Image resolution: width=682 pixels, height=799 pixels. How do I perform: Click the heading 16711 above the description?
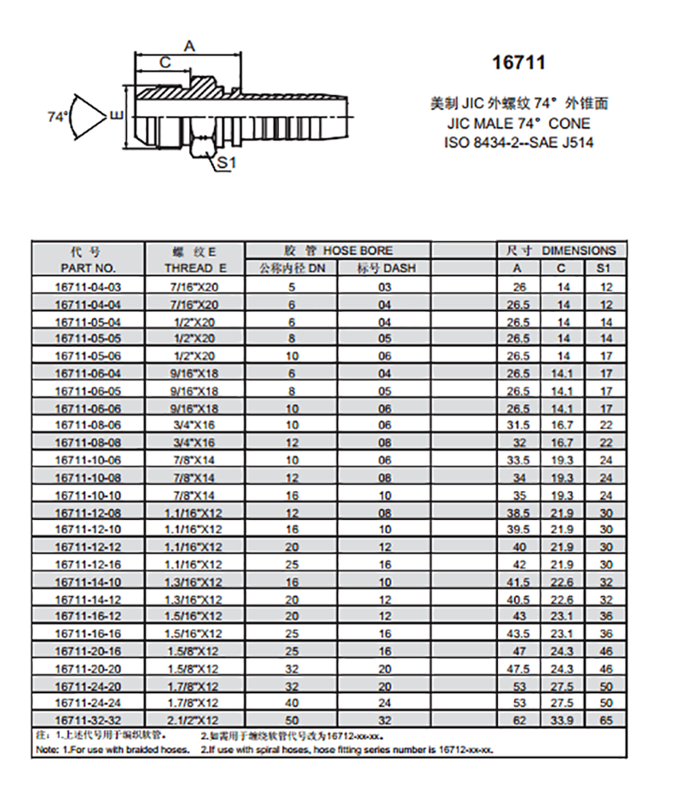tap(518, 63)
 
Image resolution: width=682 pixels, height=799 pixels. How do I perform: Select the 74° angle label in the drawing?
tap(58, 116)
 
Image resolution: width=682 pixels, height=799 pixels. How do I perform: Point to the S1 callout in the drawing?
tap(226, 161)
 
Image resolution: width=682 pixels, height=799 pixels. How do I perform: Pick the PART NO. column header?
tap(88, 268)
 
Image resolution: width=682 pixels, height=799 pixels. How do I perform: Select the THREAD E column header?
tap(194, 268)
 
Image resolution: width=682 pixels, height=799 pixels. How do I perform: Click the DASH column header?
tap(384, 268)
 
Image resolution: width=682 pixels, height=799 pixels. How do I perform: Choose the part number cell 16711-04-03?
tap(88, 287)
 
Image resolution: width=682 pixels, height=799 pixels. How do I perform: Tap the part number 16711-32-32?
tap(88, 720)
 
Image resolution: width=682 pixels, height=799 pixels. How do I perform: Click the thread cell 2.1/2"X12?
tap(194, 720)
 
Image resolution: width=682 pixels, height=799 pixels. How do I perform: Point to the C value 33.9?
tap(564, 720)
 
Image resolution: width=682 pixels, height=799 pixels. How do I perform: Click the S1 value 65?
tap(606, 720)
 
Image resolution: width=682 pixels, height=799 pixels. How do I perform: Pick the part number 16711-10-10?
tap(88, 495)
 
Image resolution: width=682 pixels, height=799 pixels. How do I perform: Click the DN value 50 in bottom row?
tap(292, 720)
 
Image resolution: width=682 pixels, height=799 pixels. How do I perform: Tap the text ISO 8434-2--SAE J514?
tap(518, 142)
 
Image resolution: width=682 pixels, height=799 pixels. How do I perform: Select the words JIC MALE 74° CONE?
tap(518, 124)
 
